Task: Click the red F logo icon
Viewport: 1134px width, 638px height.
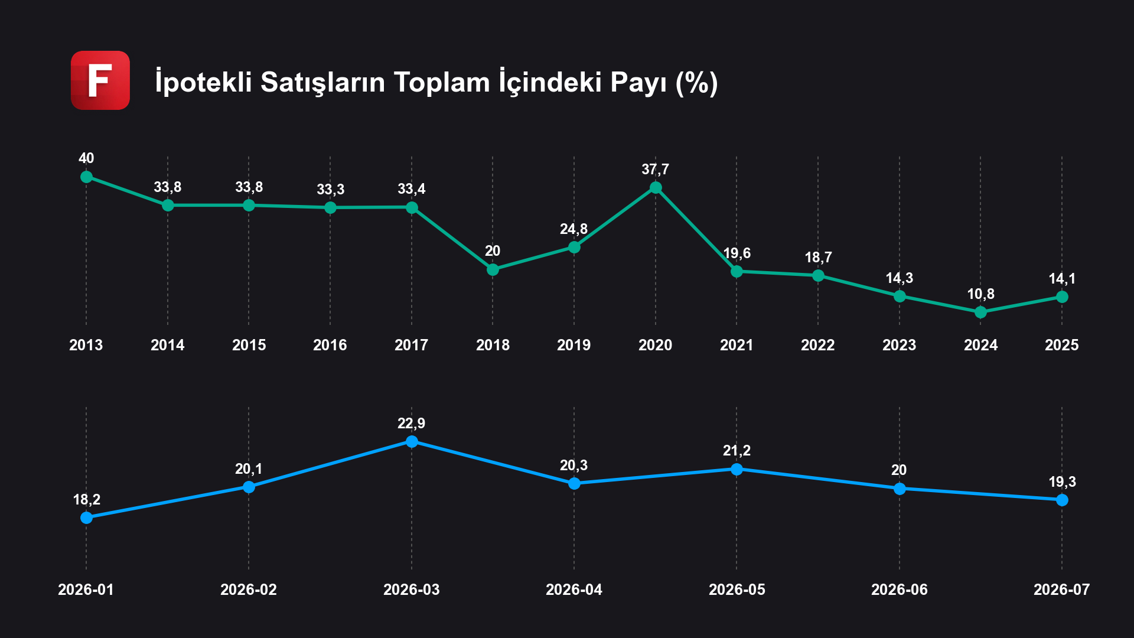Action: point(100,80)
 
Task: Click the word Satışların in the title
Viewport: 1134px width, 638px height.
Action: point(324,83)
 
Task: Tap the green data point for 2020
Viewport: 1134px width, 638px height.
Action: point(656,188)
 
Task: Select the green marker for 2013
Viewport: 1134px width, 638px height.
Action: point(86,177)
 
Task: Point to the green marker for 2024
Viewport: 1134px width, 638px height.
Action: point(980,312)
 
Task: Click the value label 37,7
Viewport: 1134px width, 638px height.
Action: point(656,170)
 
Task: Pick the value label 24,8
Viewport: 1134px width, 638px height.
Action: point(574,229)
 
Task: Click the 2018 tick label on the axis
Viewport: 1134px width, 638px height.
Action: point(493,345)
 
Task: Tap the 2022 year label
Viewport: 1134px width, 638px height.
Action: point(818,345)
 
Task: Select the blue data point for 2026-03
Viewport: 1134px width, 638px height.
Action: point(412,441)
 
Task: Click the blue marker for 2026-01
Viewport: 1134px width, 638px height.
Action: point(86,517)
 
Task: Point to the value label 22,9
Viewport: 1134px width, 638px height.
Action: point(412,424)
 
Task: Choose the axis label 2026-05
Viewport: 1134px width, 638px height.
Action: point(737,590)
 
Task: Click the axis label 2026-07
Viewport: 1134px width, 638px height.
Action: point(1062,590)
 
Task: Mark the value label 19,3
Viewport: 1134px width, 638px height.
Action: point(1062,482)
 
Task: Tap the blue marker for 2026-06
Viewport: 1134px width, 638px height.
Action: point(900,489)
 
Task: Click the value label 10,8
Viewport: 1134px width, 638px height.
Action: point(980,294)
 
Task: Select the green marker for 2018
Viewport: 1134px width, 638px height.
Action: point(493,269)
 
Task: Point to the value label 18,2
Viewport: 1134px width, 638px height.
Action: point(86,500)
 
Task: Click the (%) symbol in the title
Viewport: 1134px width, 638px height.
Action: point(697,83)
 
